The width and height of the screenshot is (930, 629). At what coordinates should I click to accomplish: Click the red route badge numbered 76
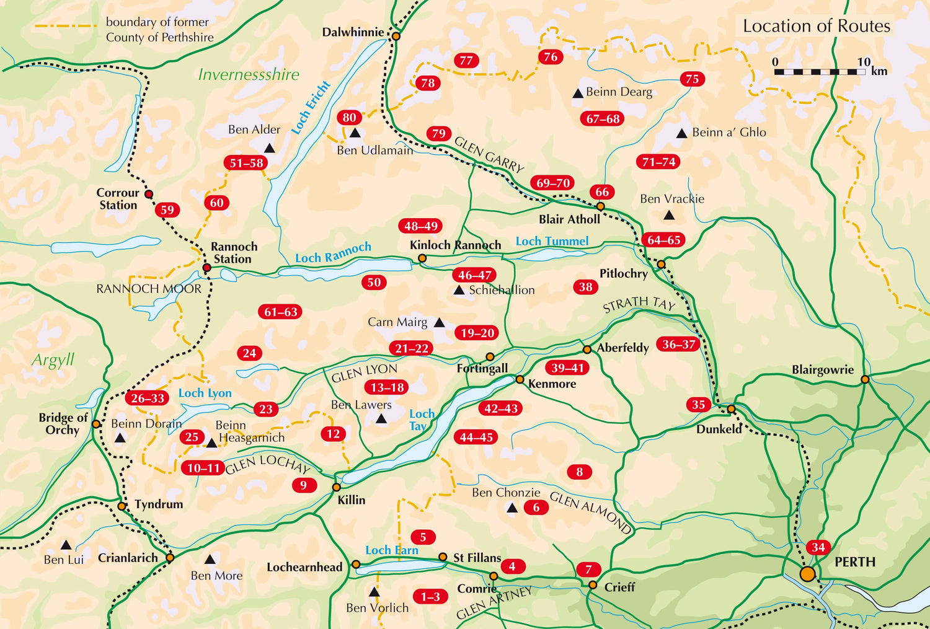[x=550, y=57]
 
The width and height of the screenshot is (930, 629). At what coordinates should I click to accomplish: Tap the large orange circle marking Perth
[x=807, y=574]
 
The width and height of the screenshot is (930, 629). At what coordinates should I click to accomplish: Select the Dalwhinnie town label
[x=353, y=32]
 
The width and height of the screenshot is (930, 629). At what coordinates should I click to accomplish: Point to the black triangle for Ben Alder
[x=269, y=148]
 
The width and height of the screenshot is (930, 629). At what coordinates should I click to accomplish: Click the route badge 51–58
[x=246, y=163]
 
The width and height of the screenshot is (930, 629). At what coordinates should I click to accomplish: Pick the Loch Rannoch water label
[x=333, y=253]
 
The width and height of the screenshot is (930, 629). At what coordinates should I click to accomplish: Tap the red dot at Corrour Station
[x=149, y=194]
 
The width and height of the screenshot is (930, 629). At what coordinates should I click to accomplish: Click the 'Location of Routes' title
[x=816, y=26]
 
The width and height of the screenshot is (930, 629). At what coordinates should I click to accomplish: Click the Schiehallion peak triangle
[x=459, y=290]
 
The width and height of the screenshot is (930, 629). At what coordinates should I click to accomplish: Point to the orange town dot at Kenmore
[x=520, y=379]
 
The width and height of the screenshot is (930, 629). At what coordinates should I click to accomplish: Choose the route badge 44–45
[x=476, y=438]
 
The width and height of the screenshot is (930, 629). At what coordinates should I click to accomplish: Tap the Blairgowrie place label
[x=822, y=370]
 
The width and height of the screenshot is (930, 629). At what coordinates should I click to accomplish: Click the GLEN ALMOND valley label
[x=590, y=512]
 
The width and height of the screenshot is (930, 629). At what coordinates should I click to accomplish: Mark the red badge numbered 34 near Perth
[x=818, y=547]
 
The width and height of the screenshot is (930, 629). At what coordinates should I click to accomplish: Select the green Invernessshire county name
[x=248, y=74]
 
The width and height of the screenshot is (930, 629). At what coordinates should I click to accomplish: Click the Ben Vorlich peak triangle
[x=374, y=592]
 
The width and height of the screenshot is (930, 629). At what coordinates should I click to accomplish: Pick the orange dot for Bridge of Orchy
[x=96, y=424]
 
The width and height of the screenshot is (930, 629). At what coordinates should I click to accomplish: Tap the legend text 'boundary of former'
[x=157, y=22]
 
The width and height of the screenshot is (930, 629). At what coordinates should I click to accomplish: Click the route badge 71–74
[x=658, y=162]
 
